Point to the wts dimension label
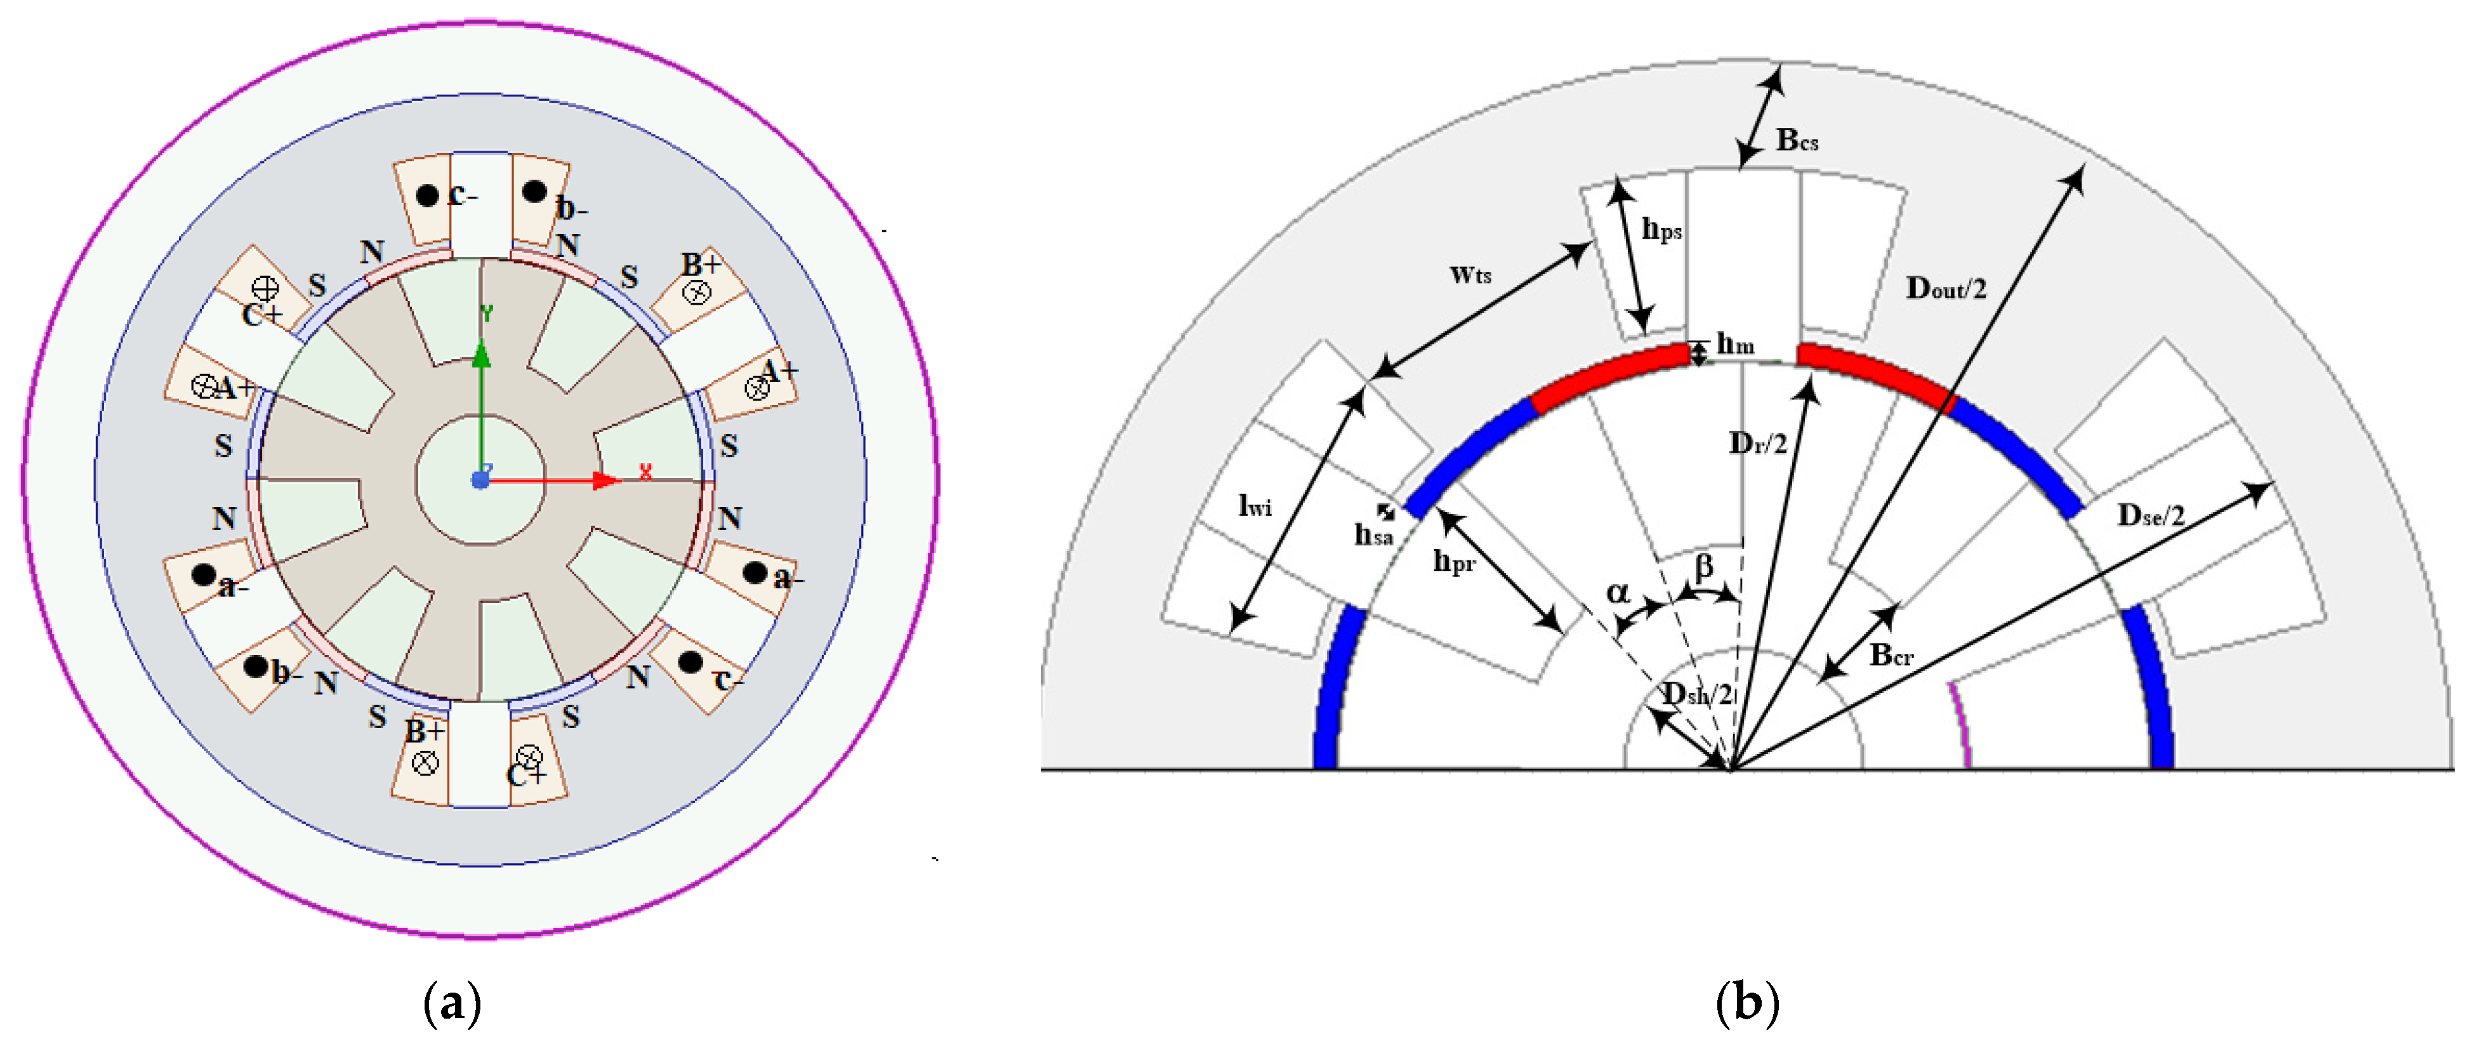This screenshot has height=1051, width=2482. pos(1470,275)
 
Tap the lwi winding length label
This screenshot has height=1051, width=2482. pos(1255,506)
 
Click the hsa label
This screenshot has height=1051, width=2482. pos(1373,534)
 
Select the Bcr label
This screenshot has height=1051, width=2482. pos(1891,656)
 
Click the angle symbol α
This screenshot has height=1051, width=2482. pos(1618,592)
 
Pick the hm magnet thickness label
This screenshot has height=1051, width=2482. pos(1735,344)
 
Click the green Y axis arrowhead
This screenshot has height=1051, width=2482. pos(482,355)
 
